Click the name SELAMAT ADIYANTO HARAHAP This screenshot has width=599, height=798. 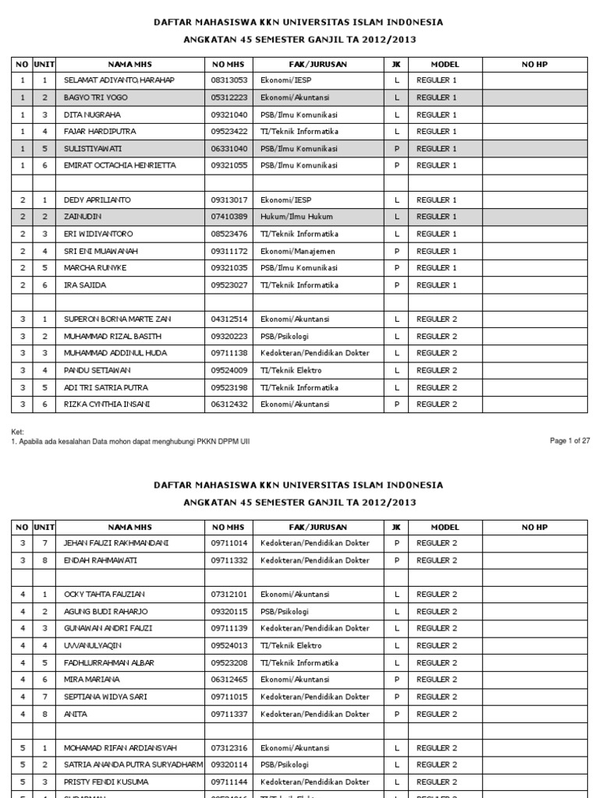(119, 80)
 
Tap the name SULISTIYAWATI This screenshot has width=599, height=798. (93, 148)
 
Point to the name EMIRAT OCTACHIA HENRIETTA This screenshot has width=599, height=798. (119, 165)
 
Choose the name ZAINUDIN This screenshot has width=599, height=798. (83, 217)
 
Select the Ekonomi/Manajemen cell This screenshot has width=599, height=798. (298, 251)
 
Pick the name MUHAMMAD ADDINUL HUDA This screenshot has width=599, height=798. (116, 353)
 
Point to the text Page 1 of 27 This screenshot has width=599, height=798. (569, 441)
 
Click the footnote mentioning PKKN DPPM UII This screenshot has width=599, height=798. (130, 441)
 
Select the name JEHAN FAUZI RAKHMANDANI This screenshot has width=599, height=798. (116, 543)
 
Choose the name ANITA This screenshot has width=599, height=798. (76, 714)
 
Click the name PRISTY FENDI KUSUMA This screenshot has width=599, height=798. (106, 782)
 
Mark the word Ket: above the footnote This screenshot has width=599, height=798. (18, 432)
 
